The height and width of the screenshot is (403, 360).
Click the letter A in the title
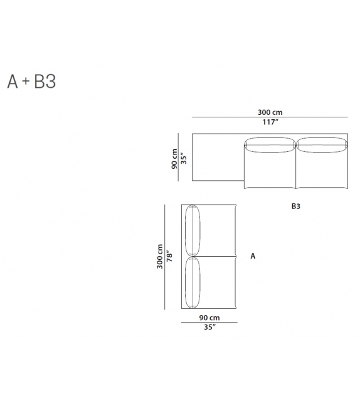(x=13, y=82)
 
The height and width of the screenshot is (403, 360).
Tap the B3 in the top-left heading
(x=45, y=82)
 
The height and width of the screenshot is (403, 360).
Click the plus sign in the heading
(x=26, y=81)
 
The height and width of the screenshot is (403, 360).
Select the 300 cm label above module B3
(x=270, y=112)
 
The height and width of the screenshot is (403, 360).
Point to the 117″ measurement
(x=270, y=122)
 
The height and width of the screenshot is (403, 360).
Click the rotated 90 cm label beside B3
(x=174, y=159)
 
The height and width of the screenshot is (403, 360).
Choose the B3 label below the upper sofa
(x=296, y=206)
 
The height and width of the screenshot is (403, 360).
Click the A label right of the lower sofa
(x=253, y=256)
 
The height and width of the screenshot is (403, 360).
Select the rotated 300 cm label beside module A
(x=160, y=257)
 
